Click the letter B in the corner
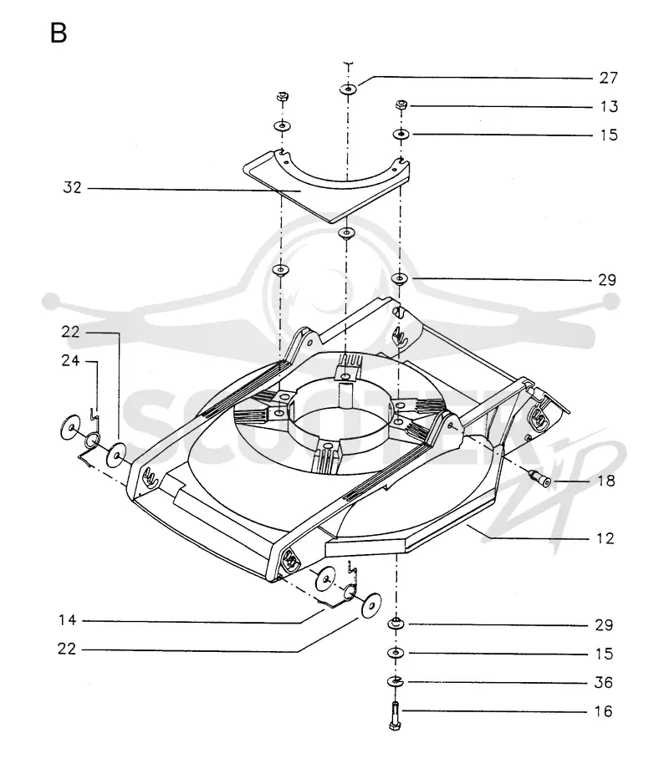(x=59, y=33)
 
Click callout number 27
(x=609, y=78)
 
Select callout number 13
(x=609, y=106)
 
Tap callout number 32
(x=72, y=187)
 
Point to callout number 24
(x=70, y=360)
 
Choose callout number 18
(x=606, y=481)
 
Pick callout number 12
(x=605, y=538)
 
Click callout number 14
(x=67, y=620)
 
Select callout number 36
(x=603, y=682)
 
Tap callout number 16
(x=603, y=711)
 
